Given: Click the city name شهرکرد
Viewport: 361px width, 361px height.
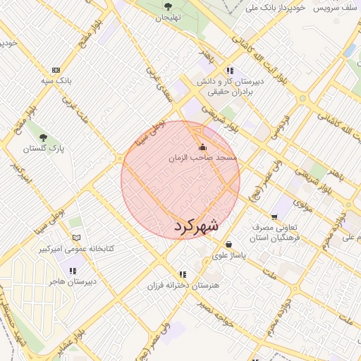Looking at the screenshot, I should (x=195, y=227).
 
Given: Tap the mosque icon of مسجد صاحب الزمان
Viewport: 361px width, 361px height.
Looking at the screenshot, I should (x=203, y=147).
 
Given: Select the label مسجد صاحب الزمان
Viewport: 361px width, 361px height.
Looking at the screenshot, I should (x=204, y=159).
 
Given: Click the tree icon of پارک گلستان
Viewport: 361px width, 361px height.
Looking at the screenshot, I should (x=44, y=137).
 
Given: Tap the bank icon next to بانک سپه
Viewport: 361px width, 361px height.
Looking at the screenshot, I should (x=56, y=70).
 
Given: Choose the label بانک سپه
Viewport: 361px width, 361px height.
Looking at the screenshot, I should (x=56, y=82).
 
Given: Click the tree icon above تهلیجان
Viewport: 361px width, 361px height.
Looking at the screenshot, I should (x=169, y=6).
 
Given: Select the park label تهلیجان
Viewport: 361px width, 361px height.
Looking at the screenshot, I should (x=169, y=17).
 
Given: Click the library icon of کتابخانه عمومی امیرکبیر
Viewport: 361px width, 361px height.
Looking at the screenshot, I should (x=77, y=237).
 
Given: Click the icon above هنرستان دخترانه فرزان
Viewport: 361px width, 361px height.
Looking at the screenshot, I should (x=183, y=274).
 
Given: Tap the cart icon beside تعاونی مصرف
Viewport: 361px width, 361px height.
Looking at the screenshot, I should (x=274, y=217).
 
